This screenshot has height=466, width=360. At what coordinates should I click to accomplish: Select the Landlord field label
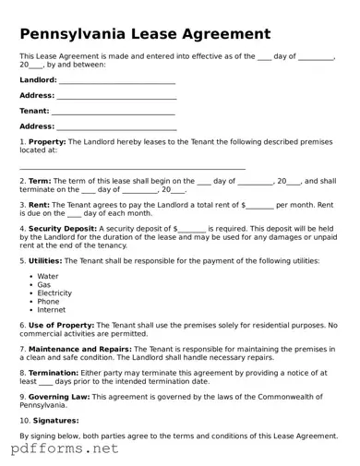point(38,80)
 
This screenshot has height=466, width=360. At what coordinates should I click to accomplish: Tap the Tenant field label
point(34,111)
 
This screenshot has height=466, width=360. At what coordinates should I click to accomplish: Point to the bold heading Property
point(48,141)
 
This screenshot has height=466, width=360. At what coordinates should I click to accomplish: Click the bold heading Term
point(41,182)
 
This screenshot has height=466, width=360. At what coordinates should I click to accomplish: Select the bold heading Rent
point(40,205)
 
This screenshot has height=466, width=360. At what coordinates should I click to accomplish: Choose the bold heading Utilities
point(46,260)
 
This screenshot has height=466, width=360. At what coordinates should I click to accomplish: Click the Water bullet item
point(47,276)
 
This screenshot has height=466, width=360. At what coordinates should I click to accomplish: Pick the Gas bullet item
point(43,284)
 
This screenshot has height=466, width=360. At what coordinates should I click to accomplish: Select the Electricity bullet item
point(54,293)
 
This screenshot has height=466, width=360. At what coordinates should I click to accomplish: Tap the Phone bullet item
point(48,301)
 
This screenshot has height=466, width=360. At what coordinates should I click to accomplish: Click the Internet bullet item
point(51,309)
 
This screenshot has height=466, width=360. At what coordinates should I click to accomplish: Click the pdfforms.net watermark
point(65,448)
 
